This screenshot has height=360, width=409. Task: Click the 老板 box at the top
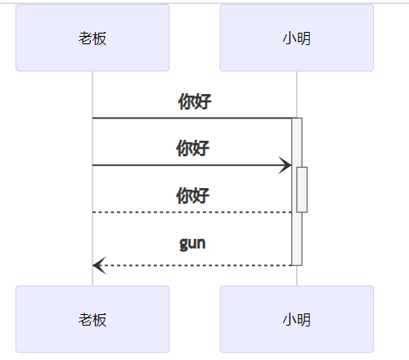[92, 38]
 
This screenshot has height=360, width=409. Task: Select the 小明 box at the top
[296, 38]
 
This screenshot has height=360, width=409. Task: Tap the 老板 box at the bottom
[92, 319]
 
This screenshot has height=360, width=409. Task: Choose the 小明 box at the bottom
[296, 319]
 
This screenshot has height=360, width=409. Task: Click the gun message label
[192, 243]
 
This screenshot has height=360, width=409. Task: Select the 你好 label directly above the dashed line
[193, 196]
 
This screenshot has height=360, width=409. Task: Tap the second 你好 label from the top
[193, 148]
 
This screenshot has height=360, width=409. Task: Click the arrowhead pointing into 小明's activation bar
[285, 165]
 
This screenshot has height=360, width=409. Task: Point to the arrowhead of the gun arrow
[98, 265]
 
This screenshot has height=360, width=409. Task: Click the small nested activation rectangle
[302, 189]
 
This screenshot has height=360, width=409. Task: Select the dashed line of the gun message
[196, 265]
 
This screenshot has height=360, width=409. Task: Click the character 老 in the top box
[85, 38]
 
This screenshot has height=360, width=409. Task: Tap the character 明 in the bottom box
[303, 320]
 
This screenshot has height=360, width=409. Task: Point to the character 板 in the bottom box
[100, 320]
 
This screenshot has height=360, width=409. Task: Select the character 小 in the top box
[289, 38]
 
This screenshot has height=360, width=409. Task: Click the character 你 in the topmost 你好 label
[187, 101]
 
